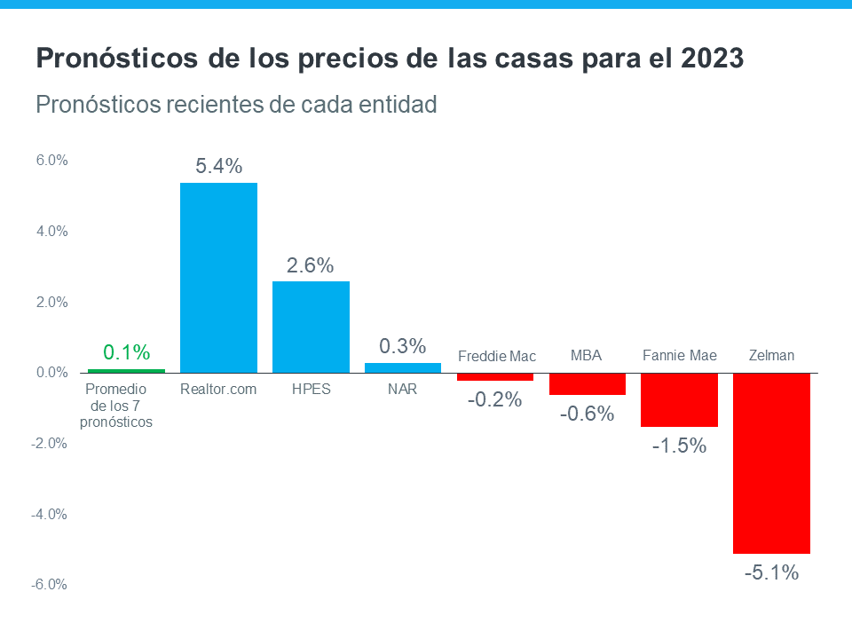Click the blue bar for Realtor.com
click(218, 277)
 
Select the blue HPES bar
click(311, 327)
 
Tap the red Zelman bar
click(771, 462)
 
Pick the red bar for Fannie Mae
click(679, 399)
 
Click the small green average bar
click(126, 370)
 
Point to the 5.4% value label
click(218, 166)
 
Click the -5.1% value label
click(771, 572)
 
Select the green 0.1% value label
click(126, 352)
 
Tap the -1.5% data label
click(679, 446)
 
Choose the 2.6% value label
click(311, 264)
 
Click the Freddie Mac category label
click(497, 356)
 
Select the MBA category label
click(586, 356)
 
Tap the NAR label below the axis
click(403, 389)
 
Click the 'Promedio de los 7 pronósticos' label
click(116, 406)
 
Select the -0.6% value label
click(587, 414)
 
